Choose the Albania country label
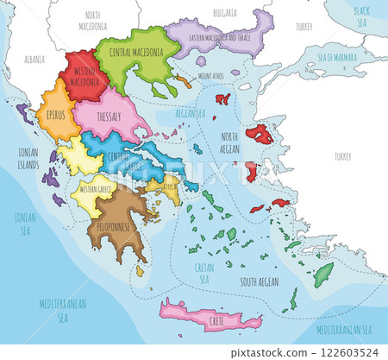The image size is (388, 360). tap(34, 60)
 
